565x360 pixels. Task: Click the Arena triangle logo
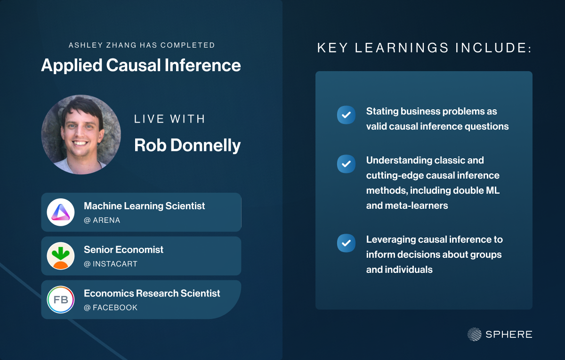point(61,212)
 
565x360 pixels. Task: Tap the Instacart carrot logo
point(61,256)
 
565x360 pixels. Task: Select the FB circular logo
point(61,299)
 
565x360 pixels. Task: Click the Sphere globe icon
point(475,334)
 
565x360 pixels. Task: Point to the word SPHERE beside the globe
point(509,335)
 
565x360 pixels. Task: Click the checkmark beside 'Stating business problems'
point(346,115)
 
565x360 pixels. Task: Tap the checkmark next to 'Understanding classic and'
point(346,164)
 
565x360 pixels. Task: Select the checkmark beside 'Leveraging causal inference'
point(346,243)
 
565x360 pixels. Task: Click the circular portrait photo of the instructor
point(81,135)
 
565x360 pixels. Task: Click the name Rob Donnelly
point(187,146)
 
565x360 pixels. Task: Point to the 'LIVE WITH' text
point(169,119)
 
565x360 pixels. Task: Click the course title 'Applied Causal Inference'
point(141,65)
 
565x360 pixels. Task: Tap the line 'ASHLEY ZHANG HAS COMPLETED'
point(142,45)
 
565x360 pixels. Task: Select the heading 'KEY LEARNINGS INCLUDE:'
point(424,48)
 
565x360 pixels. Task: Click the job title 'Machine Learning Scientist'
point(144,206)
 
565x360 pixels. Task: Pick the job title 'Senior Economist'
point(123,249)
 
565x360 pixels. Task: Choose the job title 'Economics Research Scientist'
point(152,293)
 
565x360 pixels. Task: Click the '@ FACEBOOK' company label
point(111,308)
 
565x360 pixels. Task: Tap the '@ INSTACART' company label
point(111,264)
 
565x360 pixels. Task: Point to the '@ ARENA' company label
point(102,220)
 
